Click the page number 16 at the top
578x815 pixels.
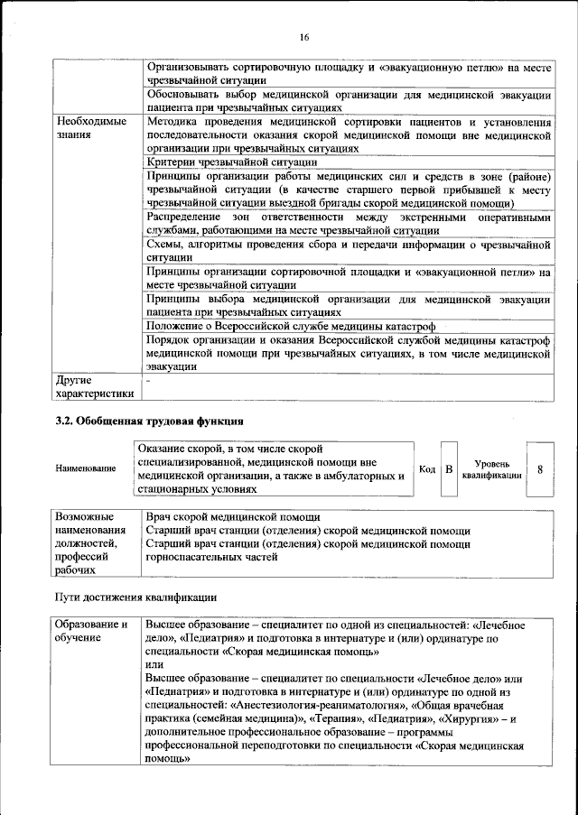(304, 37)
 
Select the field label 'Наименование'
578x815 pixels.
(86, 468)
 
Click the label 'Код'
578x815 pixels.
(427, 468)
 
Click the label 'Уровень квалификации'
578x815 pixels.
(491, 468)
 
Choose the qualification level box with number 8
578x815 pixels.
(540, 468)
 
